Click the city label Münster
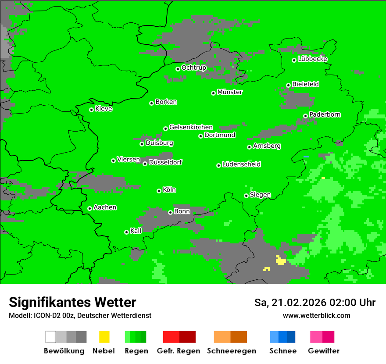(x=230, y=92)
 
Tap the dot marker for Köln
(x=159, y=191)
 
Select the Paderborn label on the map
(x=325, y=114)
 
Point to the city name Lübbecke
(x=312, y=59)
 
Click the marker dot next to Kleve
(x=91, y=110)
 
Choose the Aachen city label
(x=105, y=207)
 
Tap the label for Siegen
(x=260, y=195)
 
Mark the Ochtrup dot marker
(x=178, y=69)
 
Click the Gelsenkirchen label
(x=191, y=127)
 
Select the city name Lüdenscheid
(x=241, y=164)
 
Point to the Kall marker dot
(x=126, y=232)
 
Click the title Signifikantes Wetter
(x=72, y=302)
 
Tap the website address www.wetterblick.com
(x=316, y=315)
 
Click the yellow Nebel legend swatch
(x=104, y=337)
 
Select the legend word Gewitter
(x=323, y=351)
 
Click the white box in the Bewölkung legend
(x=51, y=337)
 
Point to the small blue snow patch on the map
(x=306, y=157)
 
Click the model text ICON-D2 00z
(x=53, y=315)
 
